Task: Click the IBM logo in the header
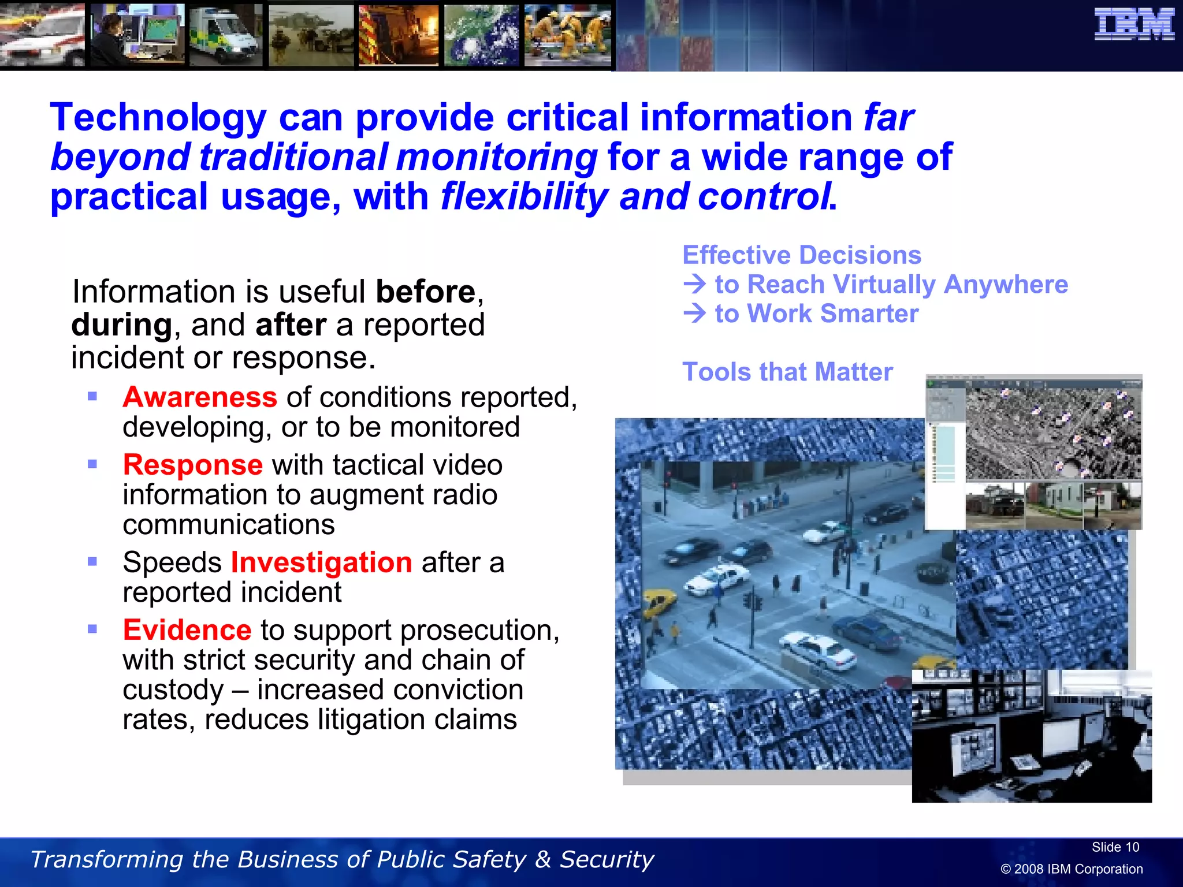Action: [1134, 25]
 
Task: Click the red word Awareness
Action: [200, 397]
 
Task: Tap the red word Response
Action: [193, 465]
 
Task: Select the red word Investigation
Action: [321, 562]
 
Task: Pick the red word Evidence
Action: [187, 630]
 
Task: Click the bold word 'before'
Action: [426, 292]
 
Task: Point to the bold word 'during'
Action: [121, 325]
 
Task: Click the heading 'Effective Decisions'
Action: [802, 255]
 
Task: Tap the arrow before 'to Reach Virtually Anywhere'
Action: [694, 284]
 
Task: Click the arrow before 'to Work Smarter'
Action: [694, 313]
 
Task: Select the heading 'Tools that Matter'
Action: [787, 372]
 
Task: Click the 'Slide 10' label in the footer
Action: [1115, 847]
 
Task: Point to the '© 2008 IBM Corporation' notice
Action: [1072, 869]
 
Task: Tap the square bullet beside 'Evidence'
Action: [92, 629]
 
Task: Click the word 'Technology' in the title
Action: [158, 118]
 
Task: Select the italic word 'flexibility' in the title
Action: [524, 196]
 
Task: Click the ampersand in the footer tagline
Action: [542, 859]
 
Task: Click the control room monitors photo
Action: [1032, 736]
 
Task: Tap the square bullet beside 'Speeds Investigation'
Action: [92, 561]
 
